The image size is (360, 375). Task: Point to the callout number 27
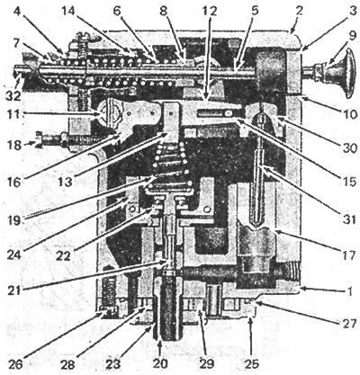349,325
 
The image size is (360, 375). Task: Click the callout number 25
251,364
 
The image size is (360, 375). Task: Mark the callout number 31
349,219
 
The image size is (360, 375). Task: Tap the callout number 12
209,11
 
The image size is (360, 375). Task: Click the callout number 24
13,255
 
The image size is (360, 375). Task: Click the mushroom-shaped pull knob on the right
336,73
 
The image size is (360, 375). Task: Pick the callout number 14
70,11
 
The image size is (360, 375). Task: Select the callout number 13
65,182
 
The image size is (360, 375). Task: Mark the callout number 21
13,290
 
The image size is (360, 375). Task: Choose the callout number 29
207,364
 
